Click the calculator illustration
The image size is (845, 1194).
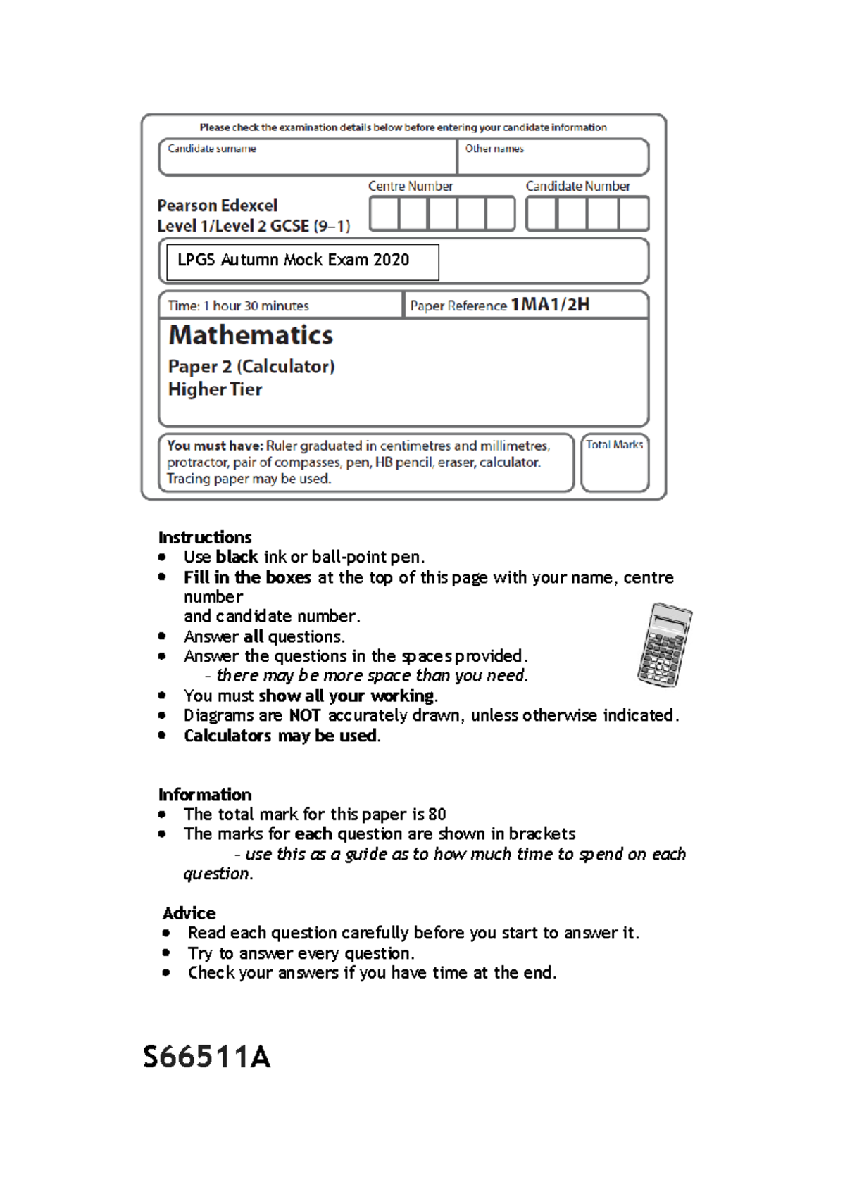click(x=664, y=645)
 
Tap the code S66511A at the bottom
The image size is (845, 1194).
click(x=206, y=1057)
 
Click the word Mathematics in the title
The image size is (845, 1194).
click(x=251, y=336)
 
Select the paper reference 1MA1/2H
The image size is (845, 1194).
click(x=550, y=305)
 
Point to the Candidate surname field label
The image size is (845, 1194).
click(x=212, y=149)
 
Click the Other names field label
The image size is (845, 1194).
click(x=494, y=149)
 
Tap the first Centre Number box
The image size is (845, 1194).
click(x=384, y=213)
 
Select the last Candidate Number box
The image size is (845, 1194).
click(x=633, y=213)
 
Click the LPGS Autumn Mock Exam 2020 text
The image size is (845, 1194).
click(x=294, y=260)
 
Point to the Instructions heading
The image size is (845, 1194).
click(x=205, y=537)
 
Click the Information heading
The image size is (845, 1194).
click(x=205, y=795)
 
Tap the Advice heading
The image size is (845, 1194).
click(x=189, y=913)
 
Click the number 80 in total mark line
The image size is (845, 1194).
click(x=437, y=815)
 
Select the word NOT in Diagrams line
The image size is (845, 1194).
click(x=305, y=715)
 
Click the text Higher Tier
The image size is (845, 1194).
click(x=215, y=389)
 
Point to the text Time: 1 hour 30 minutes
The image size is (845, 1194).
click(x=239, y=306)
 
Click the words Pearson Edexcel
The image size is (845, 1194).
click(x=218, y=206)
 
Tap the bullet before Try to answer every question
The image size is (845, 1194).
click(x=166, y=953)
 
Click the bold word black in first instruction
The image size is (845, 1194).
click(x=237, y=557)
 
